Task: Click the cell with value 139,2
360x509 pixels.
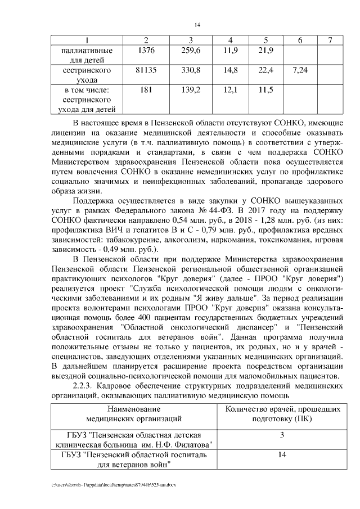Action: click(191, 90)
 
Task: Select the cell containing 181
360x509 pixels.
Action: click(146, 90)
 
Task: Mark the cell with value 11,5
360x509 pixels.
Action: click(265, 90)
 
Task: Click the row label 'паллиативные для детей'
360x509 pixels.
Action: click(87, 55)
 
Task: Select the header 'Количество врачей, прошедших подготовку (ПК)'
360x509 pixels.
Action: click(282, 413)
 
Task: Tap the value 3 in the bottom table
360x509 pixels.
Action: click(282, 435)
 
